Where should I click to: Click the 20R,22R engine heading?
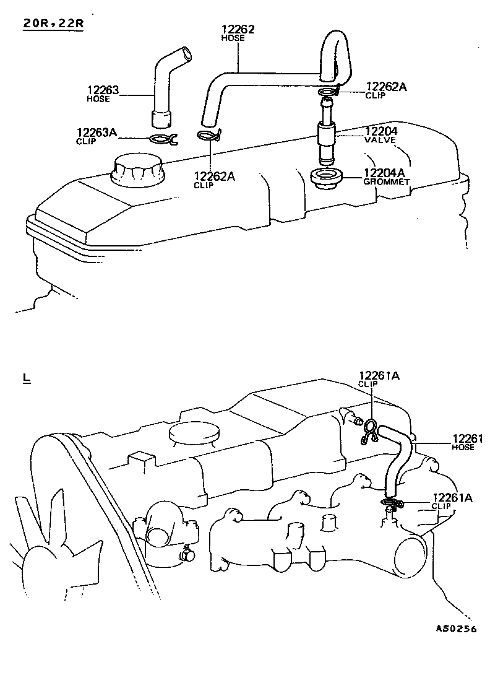53,24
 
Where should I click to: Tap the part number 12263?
103,90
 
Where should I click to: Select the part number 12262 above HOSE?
238,29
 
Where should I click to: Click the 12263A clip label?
97,132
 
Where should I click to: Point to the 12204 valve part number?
381,131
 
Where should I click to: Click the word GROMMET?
386,181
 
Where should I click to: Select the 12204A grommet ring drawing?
327,177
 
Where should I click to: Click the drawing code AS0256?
456,629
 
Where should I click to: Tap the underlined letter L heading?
26,379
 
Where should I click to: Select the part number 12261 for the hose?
468,438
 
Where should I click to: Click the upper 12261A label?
379,376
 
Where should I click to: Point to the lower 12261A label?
453,498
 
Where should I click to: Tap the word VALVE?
380,141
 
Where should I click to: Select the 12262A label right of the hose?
386,87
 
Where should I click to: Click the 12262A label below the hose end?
214,176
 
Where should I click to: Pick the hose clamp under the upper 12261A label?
369,430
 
